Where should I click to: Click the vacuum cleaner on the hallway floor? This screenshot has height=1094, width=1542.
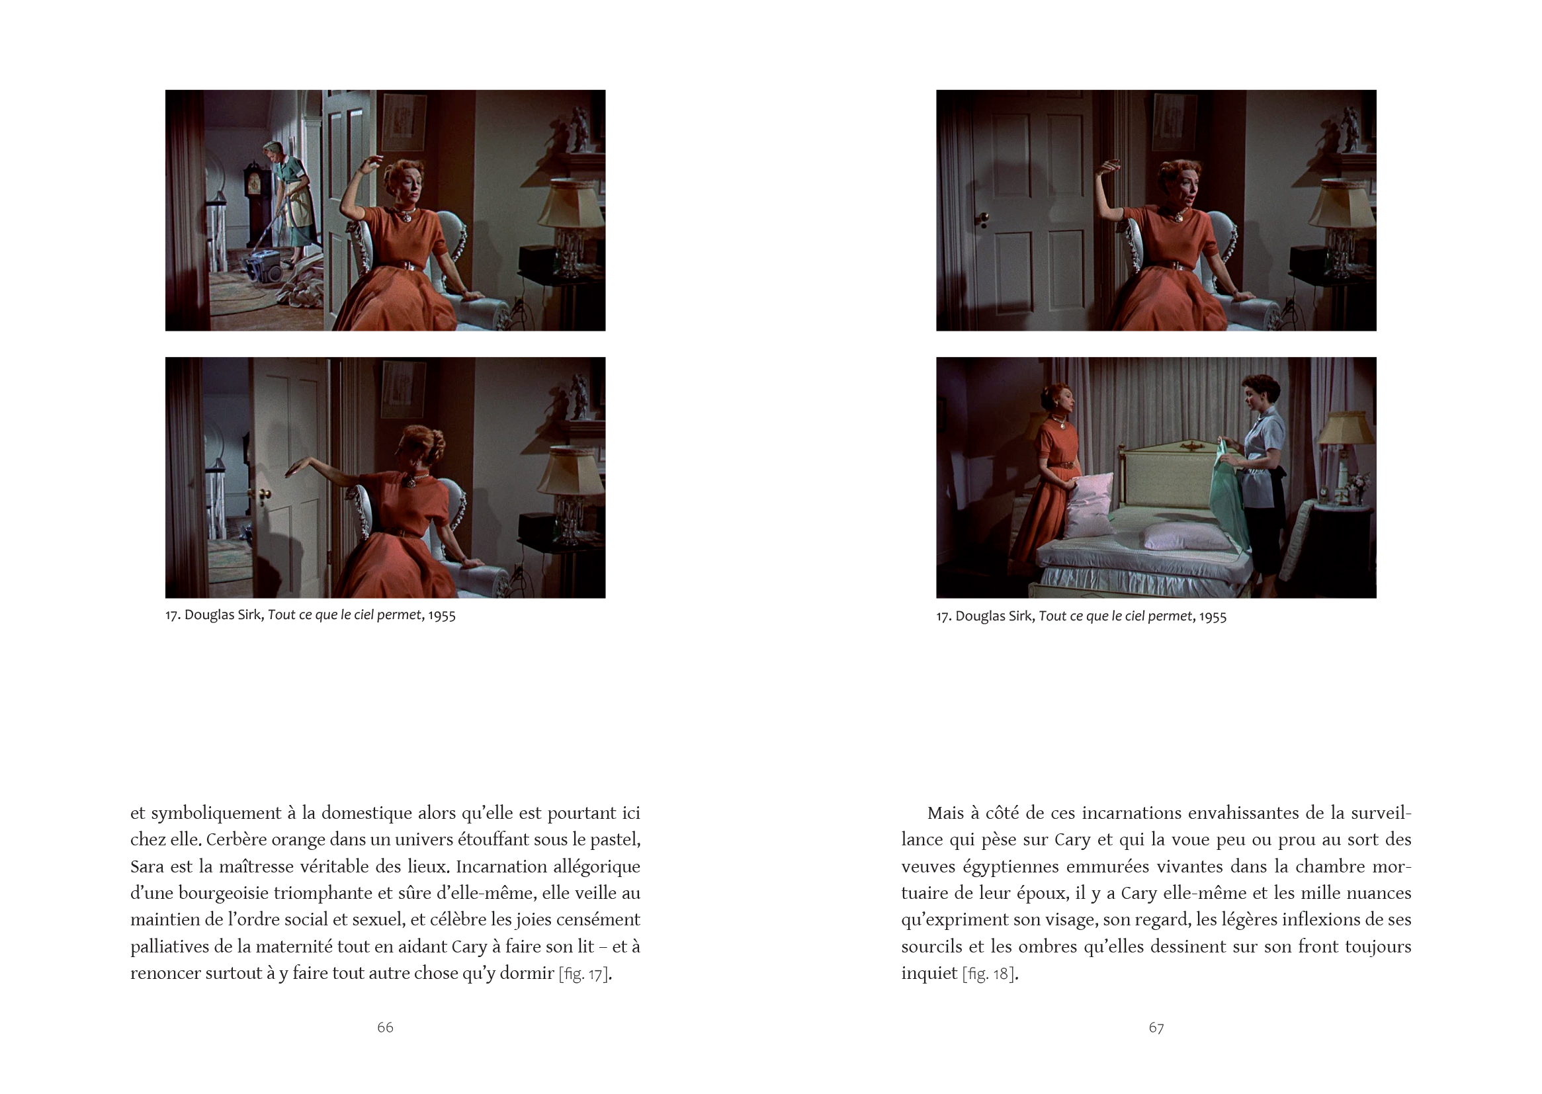point(264,265)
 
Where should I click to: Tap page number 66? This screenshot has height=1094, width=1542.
point(384,1027)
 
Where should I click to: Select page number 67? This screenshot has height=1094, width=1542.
point(1156,1027)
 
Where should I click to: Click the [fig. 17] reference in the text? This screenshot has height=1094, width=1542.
point(583,974)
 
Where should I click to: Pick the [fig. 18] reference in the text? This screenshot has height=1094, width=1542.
point(988,974)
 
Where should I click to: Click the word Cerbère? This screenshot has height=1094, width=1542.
point(236,840)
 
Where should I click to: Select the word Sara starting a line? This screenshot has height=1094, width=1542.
point(147,867)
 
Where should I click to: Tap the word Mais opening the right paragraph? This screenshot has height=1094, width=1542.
point(946,813)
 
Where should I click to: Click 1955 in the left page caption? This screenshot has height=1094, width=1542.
point(441,616)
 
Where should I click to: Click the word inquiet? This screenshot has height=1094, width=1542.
point(929,974)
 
